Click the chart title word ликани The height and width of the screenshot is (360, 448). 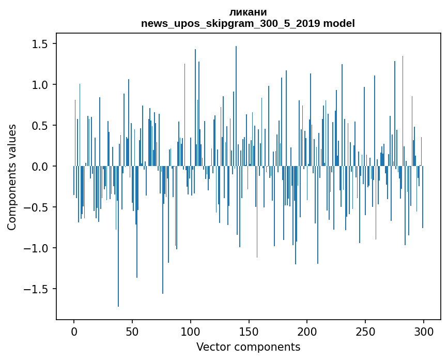pyautogui.click(x=248, y=12)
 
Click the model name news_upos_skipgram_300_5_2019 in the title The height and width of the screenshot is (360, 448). pyautogui.click(x=230, y=23)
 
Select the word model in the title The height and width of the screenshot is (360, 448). pyautogui.click(x=339, y=23)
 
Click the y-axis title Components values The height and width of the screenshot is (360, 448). pyautogui.click(x=12, y=177)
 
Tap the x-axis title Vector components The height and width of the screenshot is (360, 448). pyautogui.click(x=248, y=347)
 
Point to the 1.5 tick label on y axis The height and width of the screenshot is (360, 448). pyautogui.click(x=40, y=44)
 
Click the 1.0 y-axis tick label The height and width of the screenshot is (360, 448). pyautogui.click(x=40, y=85)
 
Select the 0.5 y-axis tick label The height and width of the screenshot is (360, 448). pyautogui.click(x=40, y=126)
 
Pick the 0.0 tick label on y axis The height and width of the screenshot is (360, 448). pyautogui.click(x=40, y=167)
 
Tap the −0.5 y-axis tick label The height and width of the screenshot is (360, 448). pyautogui.click(x=36, y=207)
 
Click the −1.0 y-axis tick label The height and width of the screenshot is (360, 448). pyautogui.click(x=36, y=248)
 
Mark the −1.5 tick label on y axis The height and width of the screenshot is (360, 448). pyautogui.click(x=36, y=289)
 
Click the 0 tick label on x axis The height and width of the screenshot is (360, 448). pyautogui.click(x=74, y=332)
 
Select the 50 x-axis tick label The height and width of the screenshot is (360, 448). pyautogui.click(x=132, y=332)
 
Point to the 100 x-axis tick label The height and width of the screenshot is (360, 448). pyautogui.click(x=190, y=332)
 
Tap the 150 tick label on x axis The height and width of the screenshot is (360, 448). pyautogui.click(x=249, y=332)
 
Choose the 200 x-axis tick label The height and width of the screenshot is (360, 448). pyautogui.click(x=307, y=332)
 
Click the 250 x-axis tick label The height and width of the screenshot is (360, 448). pyautogui.click(x=365, y=332)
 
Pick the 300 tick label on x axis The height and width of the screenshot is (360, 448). pyautogui.click(x=423, y=332)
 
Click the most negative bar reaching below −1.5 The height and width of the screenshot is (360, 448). pyautogui.click(x=118, y=236)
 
